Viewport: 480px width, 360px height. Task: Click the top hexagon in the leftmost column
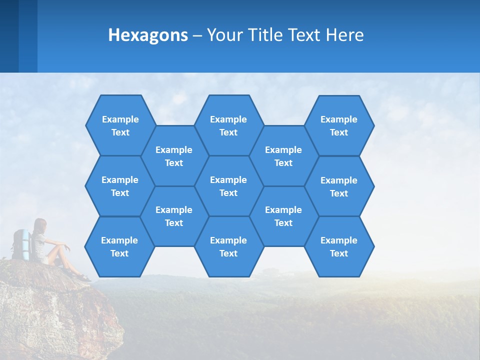[120, 125]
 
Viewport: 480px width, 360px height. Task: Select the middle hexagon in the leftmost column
[120, 186]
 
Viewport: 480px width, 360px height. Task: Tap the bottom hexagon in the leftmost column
[119, 246]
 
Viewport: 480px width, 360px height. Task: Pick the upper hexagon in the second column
[174, 156]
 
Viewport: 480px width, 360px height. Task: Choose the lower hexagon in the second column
[174, 216]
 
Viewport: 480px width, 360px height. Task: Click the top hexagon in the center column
[228, 125]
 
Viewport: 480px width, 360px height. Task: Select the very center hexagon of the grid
[228, 186]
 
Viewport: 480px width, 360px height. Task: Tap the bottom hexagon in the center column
[228, 246]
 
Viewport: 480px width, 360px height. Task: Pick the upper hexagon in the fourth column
[283, 156]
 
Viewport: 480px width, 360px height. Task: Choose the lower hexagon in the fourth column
[283, 216]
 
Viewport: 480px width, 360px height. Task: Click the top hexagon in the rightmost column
[339, 125]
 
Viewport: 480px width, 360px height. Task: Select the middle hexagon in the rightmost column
[339, 186]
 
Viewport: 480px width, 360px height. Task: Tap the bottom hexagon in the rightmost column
[339, 246]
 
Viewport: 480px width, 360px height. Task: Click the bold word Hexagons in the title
[148, 35]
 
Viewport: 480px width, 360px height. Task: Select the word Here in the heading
[344, 35]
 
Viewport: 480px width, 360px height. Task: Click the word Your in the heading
[223, 35]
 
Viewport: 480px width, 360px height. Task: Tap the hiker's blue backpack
[21, 244]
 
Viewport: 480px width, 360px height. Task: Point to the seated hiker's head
[40, 225]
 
